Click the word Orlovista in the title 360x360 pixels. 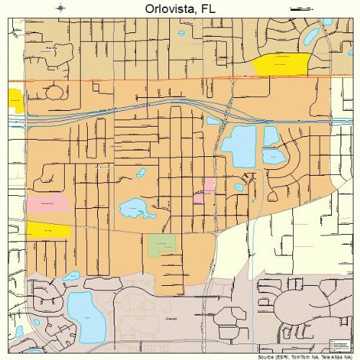pos(163,9)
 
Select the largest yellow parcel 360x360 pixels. pos(282,63)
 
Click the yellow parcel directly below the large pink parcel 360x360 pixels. pos(48,230)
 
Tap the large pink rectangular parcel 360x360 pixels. pos(48,203)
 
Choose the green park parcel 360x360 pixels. pos(162,246)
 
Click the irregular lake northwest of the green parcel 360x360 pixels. pos(134,210)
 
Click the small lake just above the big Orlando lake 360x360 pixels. pos(71,276)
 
